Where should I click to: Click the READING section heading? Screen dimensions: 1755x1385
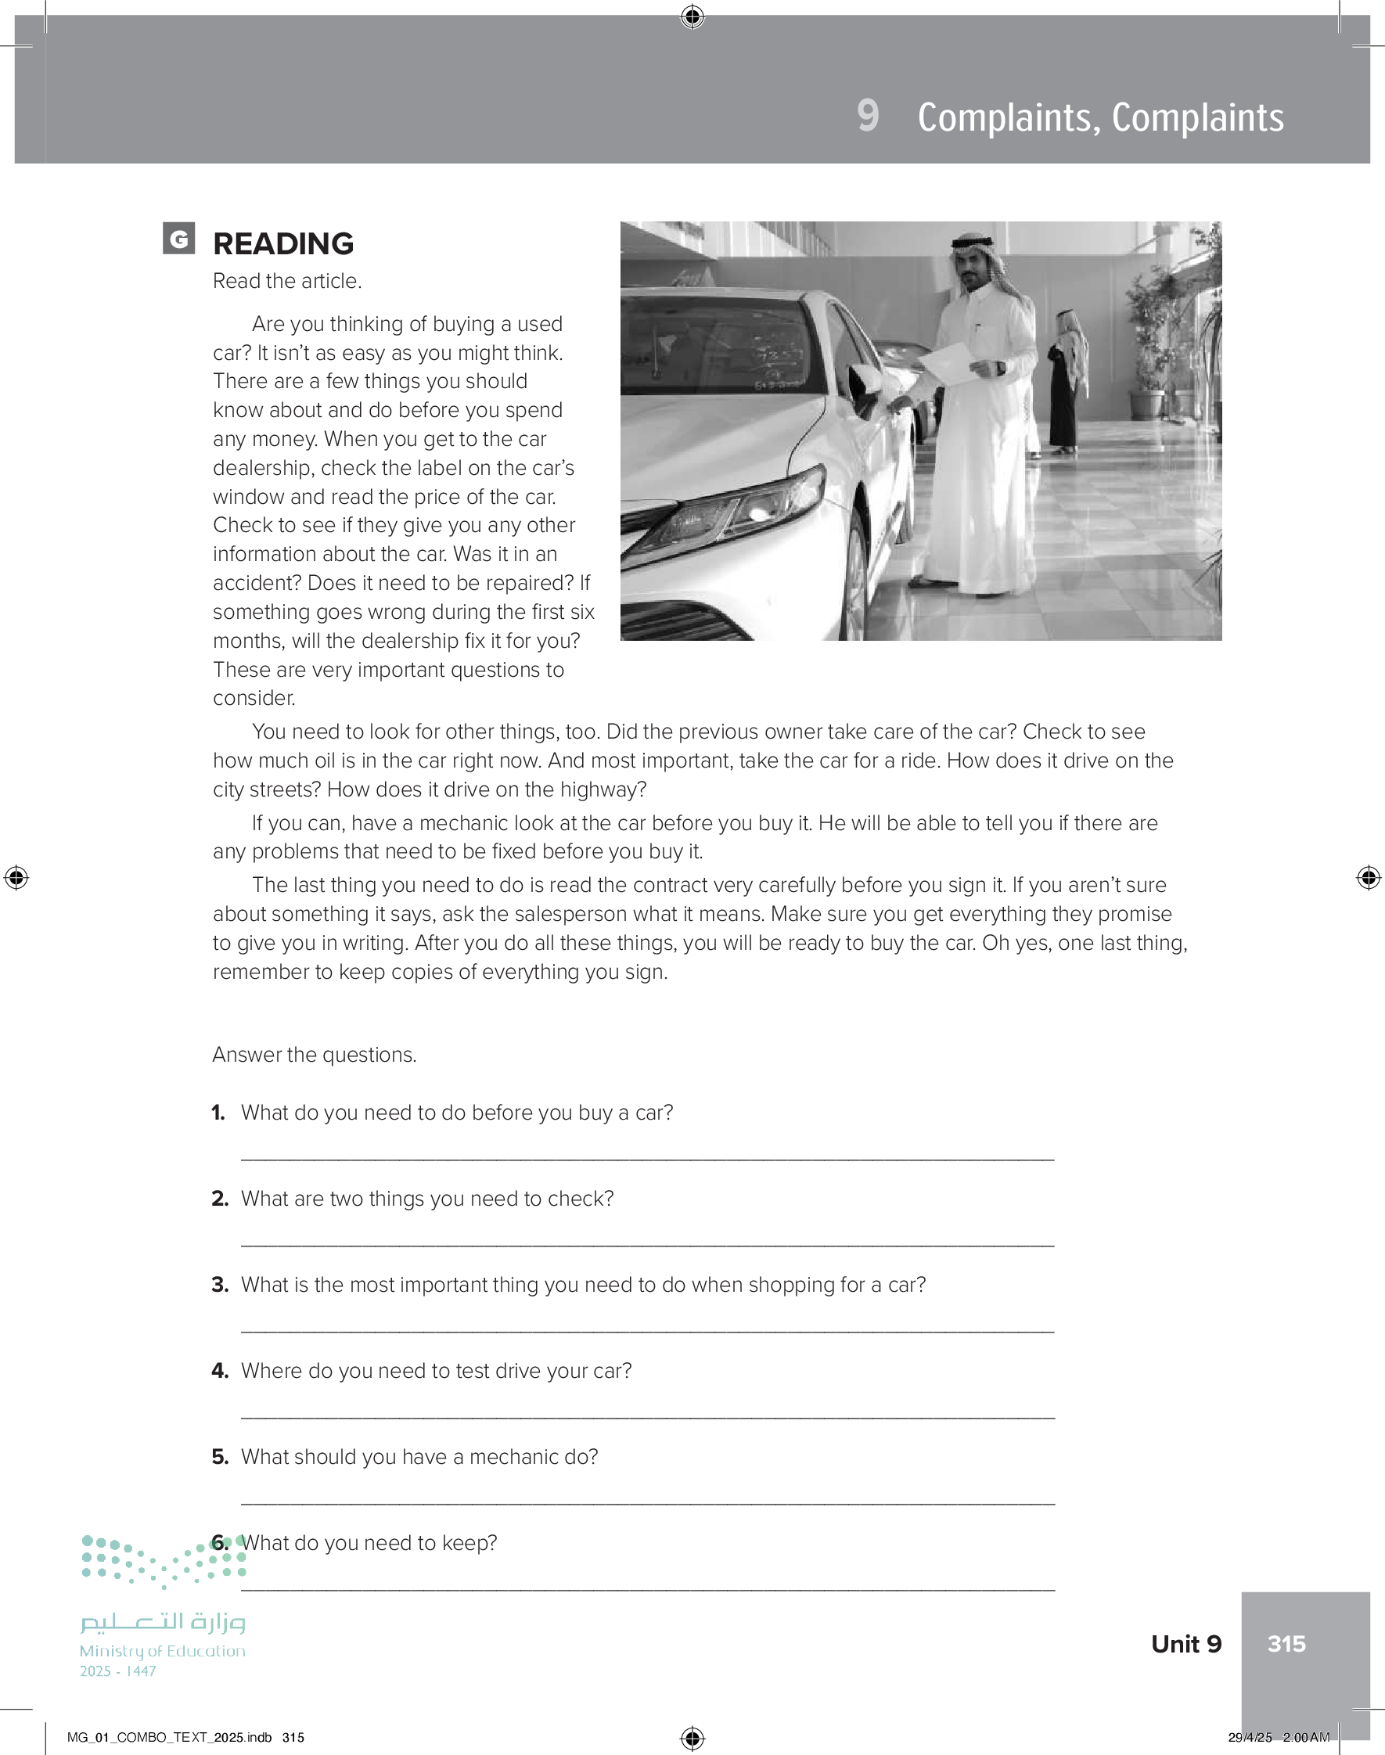283,243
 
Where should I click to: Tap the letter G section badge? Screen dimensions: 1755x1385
178,239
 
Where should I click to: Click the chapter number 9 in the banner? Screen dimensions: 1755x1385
868,116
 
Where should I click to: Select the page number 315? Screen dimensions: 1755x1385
1286,1643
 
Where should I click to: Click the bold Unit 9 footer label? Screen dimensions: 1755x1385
1185,1643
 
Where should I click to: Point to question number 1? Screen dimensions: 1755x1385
218,1113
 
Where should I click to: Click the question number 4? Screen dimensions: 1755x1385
220,1371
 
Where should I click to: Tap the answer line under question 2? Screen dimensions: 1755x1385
647,1243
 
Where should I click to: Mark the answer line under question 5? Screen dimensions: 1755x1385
647,1502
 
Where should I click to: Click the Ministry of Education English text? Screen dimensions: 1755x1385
162,1650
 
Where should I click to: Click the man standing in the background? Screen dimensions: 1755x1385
1067,381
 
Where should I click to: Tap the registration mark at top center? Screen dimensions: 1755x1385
692,16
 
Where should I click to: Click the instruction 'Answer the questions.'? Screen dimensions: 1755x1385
315,1055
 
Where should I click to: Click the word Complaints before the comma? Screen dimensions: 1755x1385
1009,117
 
